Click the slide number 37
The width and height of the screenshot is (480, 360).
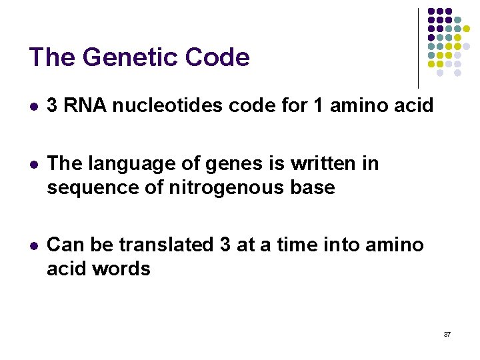tap(447, 334)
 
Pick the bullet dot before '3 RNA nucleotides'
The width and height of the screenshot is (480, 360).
tap(33, 106)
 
